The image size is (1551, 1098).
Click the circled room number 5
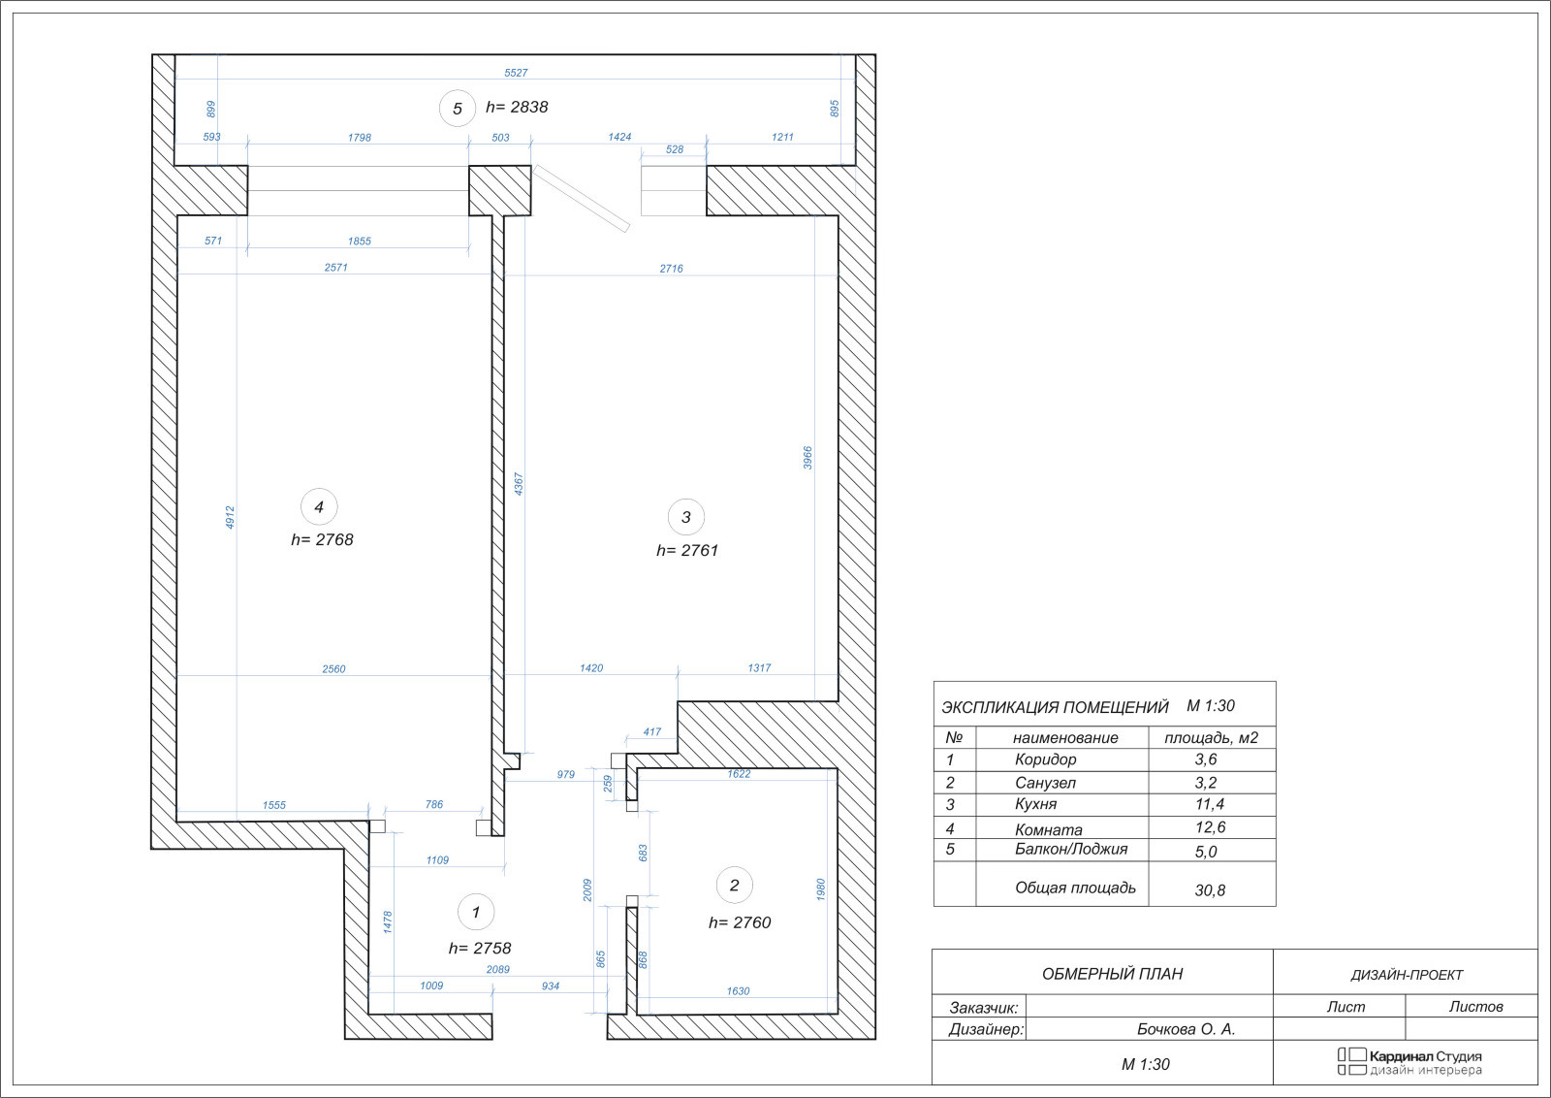(457, 109)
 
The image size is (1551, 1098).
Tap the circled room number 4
(319, 507)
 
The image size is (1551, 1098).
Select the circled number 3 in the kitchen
(686, 517)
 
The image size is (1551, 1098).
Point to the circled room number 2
(735, 886)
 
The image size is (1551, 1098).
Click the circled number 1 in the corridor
(476, 913)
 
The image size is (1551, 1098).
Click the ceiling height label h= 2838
(517, 107)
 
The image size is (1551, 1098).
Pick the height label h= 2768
(322, 539)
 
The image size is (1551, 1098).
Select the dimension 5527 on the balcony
(516, 73)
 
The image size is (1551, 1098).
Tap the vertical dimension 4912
(230, 518)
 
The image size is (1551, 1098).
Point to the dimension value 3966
(807, 458)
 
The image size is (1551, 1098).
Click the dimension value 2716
(671, 269)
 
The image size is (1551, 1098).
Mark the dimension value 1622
(739, 774)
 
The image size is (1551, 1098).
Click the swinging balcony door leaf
(581, 198)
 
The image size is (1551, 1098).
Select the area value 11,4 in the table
(1209, 804)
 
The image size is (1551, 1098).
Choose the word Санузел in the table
(1045, 783)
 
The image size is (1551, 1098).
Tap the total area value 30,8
(1210, 890)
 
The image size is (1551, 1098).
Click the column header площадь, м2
(1211, 738)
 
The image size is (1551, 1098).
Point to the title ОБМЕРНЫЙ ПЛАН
(1112, 974)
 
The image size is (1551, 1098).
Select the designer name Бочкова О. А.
(1187, 1029)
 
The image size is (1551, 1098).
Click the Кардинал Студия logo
(1409, 1061)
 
